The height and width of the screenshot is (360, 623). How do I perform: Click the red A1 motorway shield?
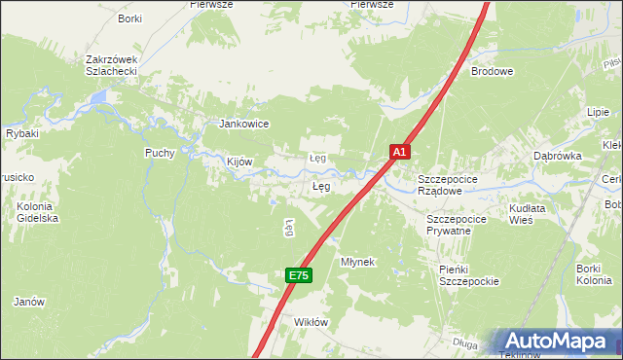pyautogui.click(x=400, y=152)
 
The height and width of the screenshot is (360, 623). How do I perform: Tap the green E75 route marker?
pyautogui.click(x=298, y=276)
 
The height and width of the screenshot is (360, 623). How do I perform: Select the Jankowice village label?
pyautogui.click(x=243, y=124)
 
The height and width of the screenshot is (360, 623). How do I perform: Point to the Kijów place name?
pyautogui.click(x=239, y=162)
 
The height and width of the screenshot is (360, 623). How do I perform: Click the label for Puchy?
pyautogui.click(x=160, y=153)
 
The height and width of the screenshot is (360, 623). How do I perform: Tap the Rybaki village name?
pyautogui.click(x=21, y=133)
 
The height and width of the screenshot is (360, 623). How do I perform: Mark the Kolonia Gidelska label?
pyautogui.click(x=38, y=212)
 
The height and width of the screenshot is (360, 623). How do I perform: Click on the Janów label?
pyautogui.click(x=29, y=302)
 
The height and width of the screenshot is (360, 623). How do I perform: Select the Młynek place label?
pyautogui.click(x=357, y=263)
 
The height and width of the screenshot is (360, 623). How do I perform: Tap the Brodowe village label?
pyautogui.click(x=493, y=71)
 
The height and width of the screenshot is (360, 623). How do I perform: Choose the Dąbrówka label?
pyautogui.click(x=557, y=156)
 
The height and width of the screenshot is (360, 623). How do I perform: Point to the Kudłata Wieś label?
pyautogui.click(x=528, y=214)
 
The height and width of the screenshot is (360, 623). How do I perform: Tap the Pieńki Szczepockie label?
pyautogui.click(x=467, y=275)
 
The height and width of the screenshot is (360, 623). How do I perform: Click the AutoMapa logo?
pyautogui.click(x=555, y=341)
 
